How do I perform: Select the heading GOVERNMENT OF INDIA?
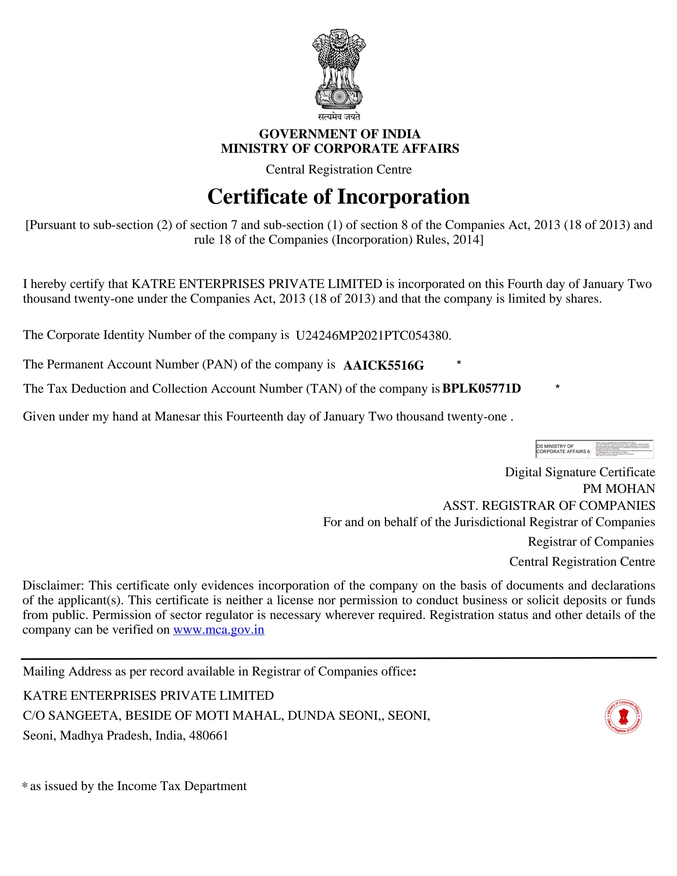[340, 134]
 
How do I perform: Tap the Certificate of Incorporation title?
[338, 196]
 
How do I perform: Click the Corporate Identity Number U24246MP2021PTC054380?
[373, 335]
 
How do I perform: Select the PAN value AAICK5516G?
[383, 365]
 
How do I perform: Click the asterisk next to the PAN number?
[459, 363]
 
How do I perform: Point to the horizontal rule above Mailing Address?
[338, 658]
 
